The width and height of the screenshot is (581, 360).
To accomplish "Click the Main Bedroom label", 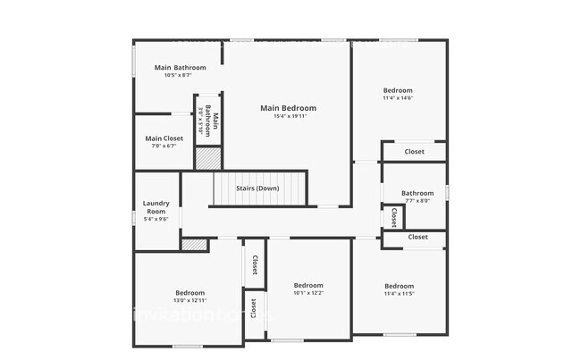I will tap(288, 108).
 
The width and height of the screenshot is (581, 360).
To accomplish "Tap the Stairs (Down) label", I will tap(257, 188).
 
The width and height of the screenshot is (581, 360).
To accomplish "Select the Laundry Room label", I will tap(156, 207).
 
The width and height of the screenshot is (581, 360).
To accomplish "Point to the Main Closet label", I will tap(164, 138).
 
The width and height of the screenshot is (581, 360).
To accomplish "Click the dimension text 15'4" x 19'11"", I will tap(288, 116).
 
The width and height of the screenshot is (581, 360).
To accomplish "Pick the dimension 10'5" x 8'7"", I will tap(180, 76).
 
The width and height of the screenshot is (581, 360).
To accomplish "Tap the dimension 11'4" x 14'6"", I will tap(398, 98).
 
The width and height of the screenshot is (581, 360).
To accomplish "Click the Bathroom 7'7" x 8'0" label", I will tap(417, 193).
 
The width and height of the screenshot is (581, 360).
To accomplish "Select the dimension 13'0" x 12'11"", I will tap(189, 300).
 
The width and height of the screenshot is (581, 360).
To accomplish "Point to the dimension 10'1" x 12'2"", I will tap(308, 293).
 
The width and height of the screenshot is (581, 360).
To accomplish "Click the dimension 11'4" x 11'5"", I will tap(399, 293).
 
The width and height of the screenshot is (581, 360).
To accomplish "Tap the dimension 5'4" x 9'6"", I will tap(156, 219).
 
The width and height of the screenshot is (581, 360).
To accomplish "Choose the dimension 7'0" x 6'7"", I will tap(164, 147).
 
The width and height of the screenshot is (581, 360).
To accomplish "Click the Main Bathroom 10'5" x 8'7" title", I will tap(180, 68).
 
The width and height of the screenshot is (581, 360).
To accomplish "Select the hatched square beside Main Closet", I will tap(207, 158).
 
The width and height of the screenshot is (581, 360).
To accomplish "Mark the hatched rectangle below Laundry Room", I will tap(193, 244).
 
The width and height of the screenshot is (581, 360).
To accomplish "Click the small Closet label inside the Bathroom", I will tap(393, 216).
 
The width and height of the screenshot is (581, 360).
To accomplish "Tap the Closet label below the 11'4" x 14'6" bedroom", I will tap(415, 152).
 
